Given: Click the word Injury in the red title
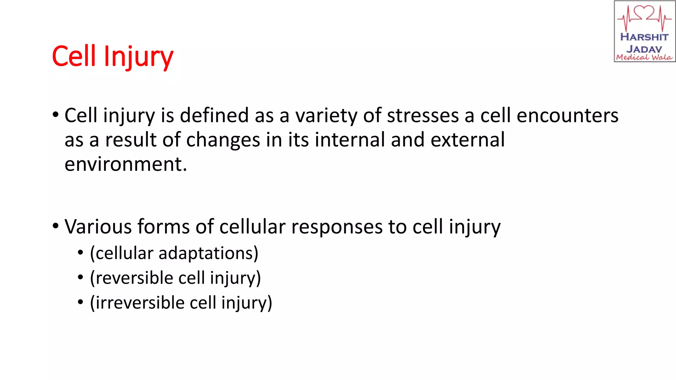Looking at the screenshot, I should click(x=138, y=57).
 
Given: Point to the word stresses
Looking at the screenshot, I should click(x=423, y=116).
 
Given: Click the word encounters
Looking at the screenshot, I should click(x=567, y=116).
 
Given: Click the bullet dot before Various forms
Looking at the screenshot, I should click(x=55, y=226).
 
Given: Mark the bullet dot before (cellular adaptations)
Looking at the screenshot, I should click(x=81, y=253).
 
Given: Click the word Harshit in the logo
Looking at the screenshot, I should click(x=644, y=37).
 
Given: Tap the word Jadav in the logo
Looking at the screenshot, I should click(x=644, y=49).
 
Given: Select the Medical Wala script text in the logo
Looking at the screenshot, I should click(x=644, y=57).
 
